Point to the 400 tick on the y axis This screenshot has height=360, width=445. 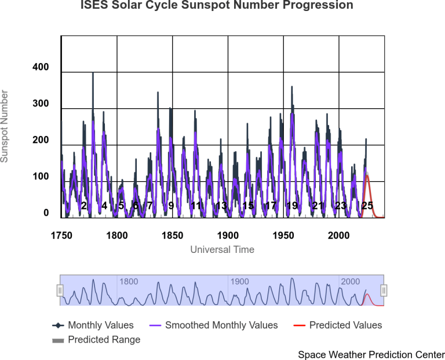[41, 68]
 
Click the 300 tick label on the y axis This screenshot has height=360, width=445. [41, 104]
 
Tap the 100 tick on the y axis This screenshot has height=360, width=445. [41, 177]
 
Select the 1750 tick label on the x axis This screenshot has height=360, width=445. [61, 236]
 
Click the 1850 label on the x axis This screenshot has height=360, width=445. [173, 236]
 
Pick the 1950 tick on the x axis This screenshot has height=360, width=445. [283, 236]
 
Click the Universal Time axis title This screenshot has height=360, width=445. [222, 249]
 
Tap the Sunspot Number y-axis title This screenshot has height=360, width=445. [5, 126]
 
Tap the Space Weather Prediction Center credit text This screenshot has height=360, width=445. [371, 354]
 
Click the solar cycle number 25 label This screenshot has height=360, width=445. [367, 205]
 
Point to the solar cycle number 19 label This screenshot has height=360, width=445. [291, 205]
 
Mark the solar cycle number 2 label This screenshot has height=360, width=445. [83, 205]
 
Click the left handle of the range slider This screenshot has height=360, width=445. [60, 290]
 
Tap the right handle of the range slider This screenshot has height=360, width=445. [384, 290]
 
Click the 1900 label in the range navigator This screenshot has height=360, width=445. [239, 282]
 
